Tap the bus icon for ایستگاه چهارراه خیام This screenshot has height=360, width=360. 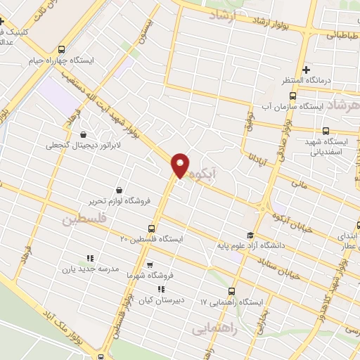pos(61,50)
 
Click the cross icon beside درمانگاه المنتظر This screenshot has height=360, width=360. pos(306,70)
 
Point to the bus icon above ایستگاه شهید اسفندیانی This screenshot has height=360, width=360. pos(326,130)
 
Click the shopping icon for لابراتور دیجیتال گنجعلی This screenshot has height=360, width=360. pos(84,134)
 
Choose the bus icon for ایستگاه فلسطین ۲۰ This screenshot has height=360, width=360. pos(151,229)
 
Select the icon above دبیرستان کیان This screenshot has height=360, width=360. pos(161,288)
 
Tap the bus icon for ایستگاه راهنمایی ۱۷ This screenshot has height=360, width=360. pos(231,291)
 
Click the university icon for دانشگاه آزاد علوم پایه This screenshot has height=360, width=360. pos(250,235)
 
